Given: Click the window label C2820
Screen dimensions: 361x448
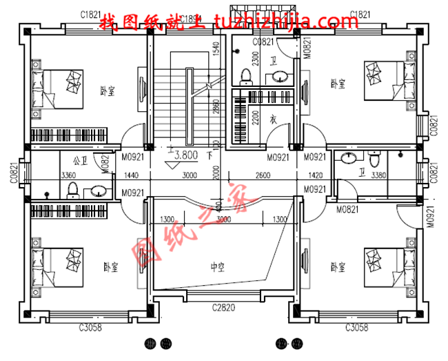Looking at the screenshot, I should [x=225, y=307].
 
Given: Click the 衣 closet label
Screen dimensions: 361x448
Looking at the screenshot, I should [x=273, y=120].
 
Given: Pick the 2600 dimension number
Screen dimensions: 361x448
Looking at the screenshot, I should [x=263, y=176].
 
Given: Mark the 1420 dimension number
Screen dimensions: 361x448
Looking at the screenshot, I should [x=316, y=176].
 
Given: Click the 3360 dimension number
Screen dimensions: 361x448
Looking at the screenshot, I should [x=68, y=176].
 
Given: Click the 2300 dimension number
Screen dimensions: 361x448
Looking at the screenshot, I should [x=256, y=58].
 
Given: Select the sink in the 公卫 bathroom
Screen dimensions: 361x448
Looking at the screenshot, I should [x=99, y=191].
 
